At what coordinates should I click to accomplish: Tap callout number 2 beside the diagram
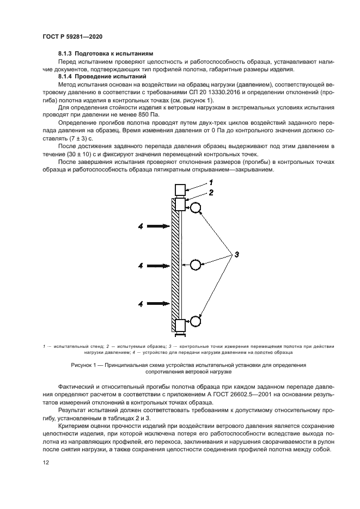coord(211,193)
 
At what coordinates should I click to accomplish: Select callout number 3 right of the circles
coord(237,254)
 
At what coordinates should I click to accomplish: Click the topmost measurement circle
coord(196,207)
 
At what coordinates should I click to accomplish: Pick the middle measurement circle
coord(196,265)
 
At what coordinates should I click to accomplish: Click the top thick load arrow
coord(159,225)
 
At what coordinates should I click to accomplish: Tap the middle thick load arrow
coord(159,266)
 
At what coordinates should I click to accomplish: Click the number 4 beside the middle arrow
coord(141,266)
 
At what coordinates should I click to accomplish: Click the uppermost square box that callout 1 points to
coord(180,190)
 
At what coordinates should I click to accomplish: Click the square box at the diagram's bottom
coord(180,325)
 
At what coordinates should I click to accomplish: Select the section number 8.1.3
coord(66,54)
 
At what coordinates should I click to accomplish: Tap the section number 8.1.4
coord(66,77)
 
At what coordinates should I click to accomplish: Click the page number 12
coord(46,462)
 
